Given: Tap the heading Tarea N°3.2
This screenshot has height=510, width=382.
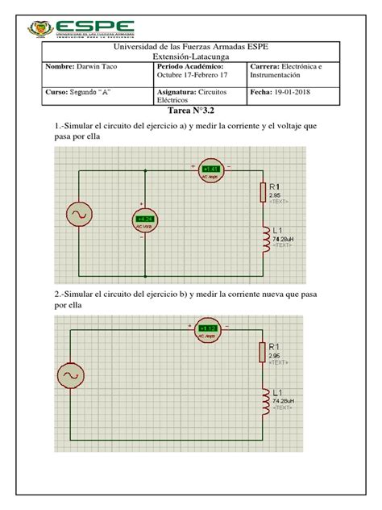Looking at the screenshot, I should point(190,111).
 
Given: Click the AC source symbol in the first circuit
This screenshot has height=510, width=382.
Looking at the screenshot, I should point(81,214).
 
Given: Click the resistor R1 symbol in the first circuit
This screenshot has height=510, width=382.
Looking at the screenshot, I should point(261,192).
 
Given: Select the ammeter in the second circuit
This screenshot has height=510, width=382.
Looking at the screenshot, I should point(209,328).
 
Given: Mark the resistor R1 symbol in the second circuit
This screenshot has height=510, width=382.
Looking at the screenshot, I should point(261,351).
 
